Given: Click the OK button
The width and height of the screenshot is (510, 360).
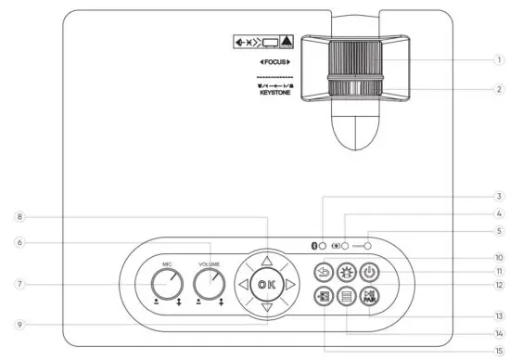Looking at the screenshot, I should tap(266, 284).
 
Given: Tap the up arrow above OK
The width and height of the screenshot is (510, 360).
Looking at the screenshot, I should tap(266, 261).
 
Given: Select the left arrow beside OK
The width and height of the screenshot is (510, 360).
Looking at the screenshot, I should tap(243, 284).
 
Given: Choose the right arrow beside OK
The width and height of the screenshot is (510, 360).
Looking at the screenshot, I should tap(289, 284).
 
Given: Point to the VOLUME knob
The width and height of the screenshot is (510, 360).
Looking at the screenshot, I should tap(210, 283).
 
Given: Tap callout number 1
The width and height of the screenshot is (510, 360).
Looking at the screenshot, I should tap(498, 60).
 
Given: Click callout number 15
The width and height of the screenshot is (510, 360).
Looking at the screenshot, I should tap(498, 350).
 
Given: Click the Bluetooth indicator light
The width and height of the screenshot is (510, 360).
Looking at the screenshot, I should tap(322, 248).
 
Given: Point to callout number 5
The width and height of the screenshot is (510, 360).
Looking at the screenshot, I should tap(498, 231).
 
